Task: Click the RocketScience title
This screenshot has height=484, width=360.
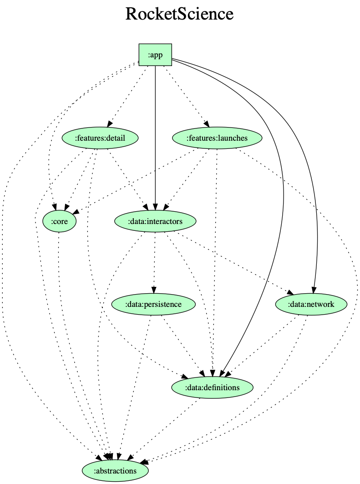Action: [x=179, y=14]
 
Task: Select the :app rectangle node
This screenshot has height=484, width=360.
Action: [x=155, y=55]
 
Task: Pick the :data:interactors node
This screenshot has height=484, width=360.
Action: [x=155, y=221]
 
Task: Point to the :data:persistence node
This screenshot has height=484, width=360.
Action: [x=153, y=304]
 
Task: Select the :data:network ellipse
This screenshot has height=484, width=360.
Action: [x=312, y=304]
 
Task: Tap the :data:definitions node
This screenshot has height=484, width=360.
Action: [x=212, y=387]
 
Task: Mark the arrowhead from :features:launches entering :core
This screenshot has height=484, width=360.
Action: [x=74, y=212]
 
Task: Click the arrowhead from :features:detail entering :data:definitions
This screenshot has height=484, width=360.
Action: [x=185, y=377]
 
